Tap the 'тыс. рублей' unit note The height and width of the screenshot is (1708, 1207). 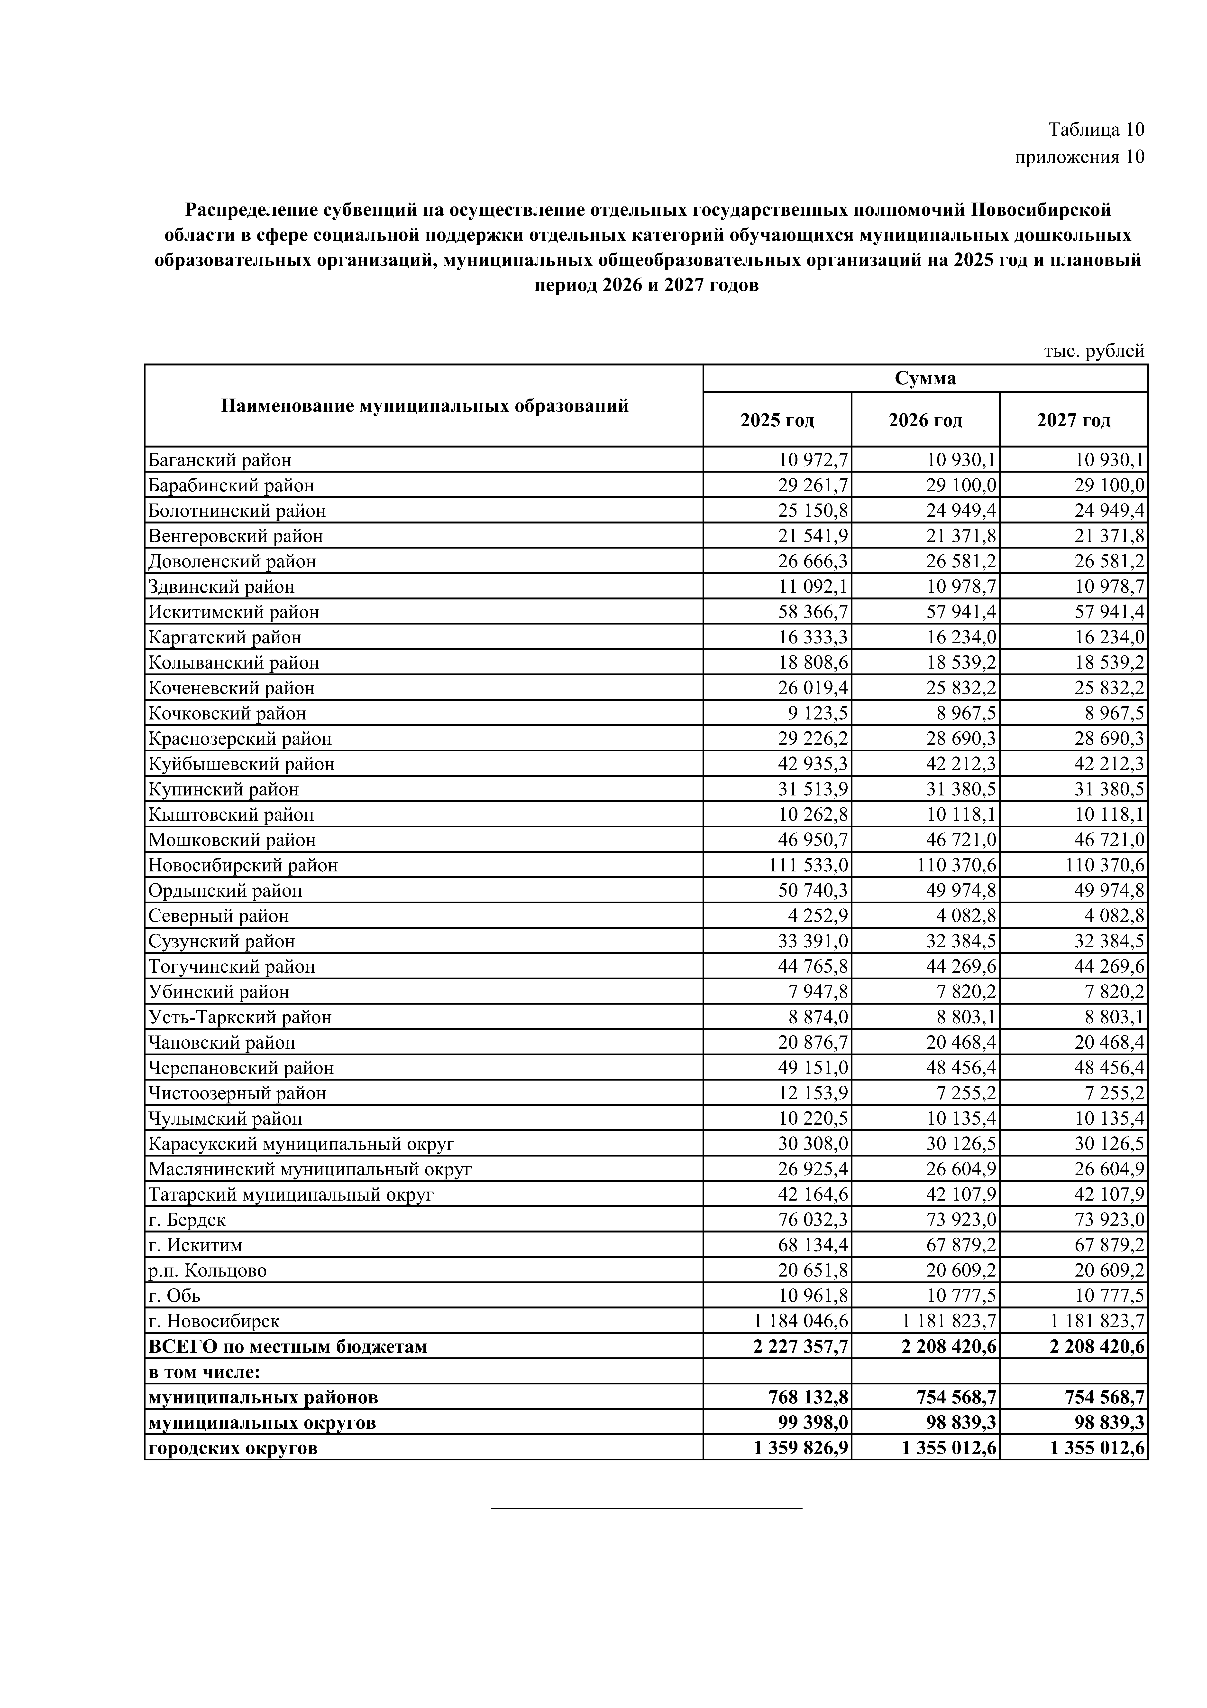[1093, 351]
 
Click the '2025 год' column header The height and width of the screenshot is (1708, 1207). [777, 420]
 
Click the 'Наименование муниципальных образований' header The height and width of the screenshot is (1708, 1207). [424, 406]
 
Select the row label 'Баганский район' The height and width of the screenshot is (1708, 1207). [220, 460]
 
